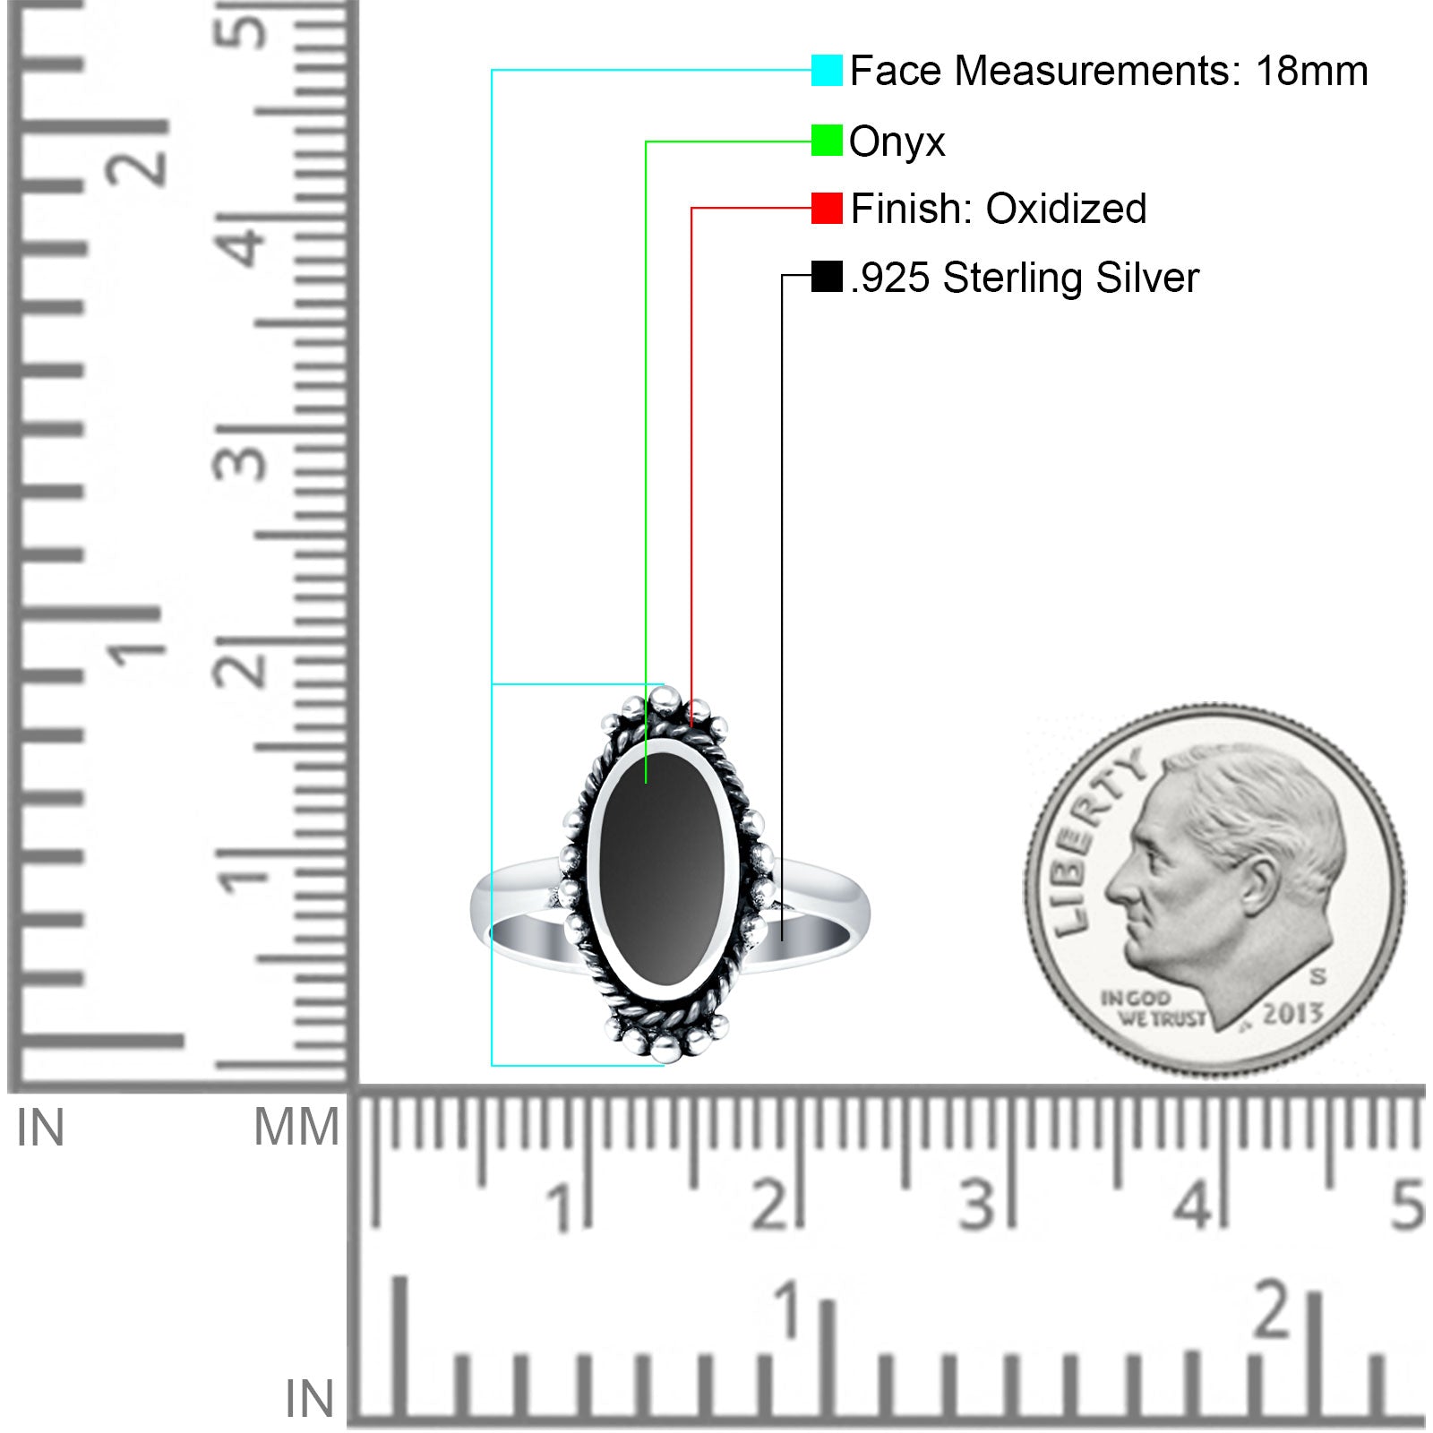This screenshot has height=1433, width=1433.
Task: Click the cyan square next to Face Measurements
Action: [827, 70]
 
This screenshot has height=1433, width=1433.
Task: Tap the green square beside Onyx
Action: [827, 141]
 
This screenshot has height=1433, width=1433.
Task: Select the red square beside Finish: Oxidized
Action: [827, 208]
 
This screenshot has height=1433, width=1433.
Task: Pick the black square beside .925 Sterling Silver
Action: [827, 276]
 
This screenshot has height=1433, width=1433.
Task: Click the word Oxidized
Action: [1066, 209]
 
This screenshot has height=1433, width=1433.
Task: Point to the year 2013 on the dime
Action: [1292, 1014]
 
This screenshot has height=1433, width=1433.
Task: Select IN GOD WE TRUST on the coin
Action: [1151, 1008]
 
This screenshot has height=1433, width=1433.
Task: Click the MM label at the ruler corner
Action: [296, 1127]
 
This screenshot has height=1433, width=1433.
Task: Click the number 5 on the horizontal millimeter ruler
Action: [1407, 1205]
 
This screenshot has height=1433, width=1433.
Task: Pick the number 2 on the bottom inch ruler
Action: [1274, 1309]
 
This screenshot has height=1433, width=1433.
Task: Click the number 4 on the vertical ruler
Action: [244, 243]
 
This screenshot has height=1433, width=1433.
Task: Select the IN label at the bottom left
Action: [309, 1399]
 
